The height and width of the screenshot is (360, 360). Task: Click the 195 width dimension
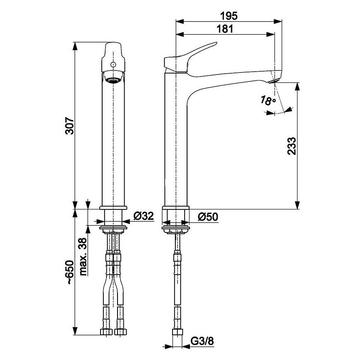(x=229, y=16)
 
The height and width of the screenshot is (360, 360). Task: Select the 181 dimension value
(x=225, y=29)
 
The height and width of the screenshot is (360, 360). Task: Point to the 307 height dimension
(x=70, y=126)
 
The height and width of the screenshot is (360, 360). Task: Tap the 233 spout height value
(x=292, y=146)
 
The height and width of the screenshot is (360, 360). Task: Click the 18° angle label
(x=268, y=101)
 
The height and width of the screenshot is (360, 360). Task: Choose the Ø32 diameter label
(x=144, y=216)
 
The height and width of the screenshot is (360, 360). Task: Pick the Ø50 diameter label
(x=208, y=217)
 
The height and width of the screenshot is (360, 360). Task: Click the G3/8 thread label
(x=202, y=341)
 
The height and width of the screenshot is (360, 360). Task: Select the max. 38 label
(x=83, y=257)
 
